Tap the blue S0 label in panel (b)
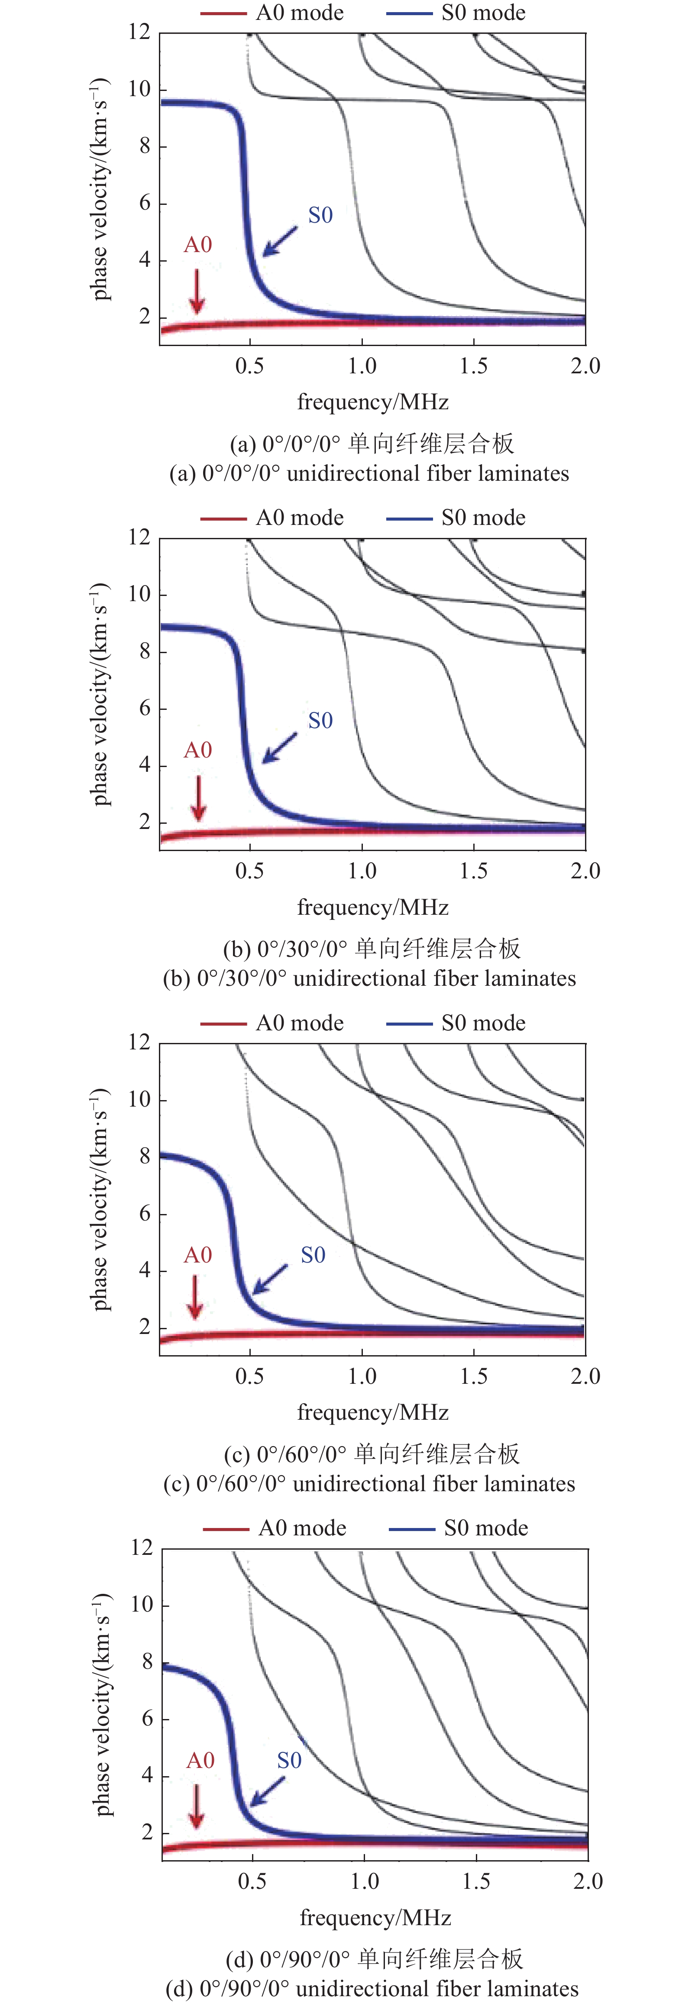pyautogui.click(x=320, y=720)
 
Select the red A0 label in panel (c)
pyautogui.click(x=197, y=1255)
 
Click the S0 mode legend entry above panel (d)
pyautogui.click(x=459, y=1528)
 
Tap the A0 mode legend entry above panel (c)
pyautogui.click(x=272, y=1023)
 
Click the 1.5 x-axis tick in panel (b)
pyautogui.click(x=474, y=871)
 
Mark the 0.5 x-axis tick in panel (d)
pyautogui.click(x=252, y=1881)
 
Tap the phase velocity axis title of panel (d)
pyautogui.click(x=102, y=1704)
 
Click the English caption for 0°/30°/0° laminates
pyautogui.click(x=369, y=979)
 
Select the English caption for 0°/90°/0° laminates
pyautogui.click(x=372, y=1988)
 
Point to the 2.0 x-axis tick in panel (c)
pyautogui.click(x=585, y=1376)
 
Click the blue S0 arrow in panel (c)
pyautogui.click(x=271, y=1278)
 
